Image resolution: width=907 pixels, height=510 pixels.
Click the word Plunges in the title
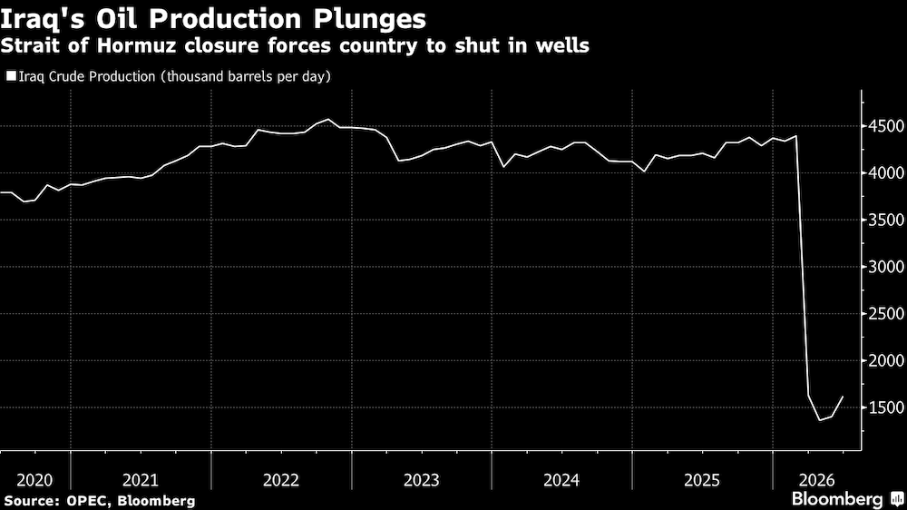click(x=370, y=20)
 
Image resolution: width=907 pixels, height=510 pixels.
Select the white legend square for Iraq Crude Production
click(x=11, y=76)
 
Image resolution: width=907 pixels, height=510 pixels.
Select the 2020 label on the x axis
click(x=34, y=480)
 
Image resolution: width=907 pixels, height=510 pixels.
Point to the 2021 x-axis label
click(x=141, y=480)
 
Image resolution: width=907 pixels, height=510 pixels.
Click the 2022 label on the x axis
click(x=281, y=480)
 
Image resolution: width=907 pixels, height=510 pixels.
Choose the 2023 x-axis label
click(x=422, y=480)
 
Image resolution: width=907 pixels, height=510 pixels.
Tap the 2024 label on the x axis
click(x=561, y=480)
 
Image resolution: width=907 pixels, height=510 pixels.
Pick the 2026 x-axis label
click(x=817, y=480)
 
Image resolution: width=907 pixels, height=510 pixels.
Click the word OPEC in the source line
click(x=86, y=501)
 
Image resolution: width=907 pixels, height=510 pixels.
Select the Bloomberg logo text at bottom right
click(x=837, y=499)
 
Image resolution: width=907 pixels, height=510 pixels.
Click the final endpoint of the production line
click(x=843, y=397)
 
